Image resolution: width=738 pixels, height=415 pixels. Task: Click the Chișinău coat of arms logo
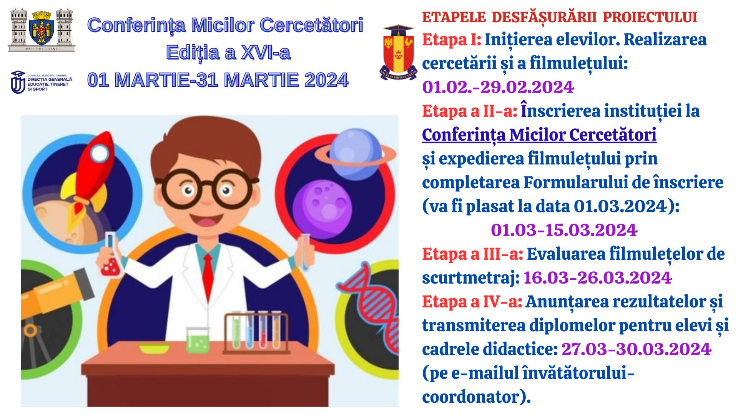[42, 30]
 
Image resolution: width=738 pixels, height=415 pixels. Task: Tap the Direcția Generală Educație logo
[41, 82]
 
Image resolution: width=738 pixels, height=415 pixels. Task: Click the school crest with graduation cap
[399, 52]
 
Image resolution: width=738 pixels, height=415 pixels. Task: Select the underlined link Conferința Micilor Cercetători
[539, 135]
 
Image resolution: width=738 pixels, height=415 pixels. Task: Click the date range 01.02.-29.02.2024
[498, 87]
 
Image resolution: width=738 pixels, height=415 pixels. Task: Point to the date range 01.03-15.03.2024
[564, 230]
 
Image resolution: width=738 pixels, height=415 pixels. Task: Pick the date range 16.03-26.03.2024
[597, 278]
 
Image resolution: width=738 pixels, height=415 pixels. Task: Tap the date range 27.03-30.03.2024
[636, 349]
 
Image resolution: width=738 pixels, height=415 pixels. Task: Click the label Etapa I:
[452, 40]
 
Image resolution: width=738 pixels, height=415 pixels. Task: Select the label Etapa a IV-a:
[472, 302]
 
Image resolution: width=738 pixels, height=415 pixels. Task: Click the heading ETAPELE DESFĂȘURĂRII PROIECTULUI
[560, 18]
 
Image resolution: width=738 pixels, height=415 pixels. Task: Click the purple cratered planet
[322, 207]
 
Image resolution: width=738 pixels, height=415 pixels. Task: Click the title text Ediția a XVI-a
[228, 53]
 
